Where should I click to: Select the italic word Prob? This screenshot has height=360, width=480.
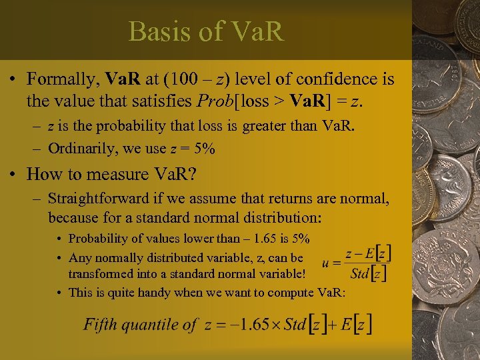[x=213, y=101]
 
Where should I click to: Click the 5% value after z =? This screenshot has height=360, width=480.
[x=203, y=149]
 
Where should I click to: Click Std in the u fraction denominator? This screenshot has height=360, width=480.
[x=360, y=273]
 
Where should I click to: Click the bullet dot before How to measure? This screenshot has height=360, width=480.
[x=13, y=175]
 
